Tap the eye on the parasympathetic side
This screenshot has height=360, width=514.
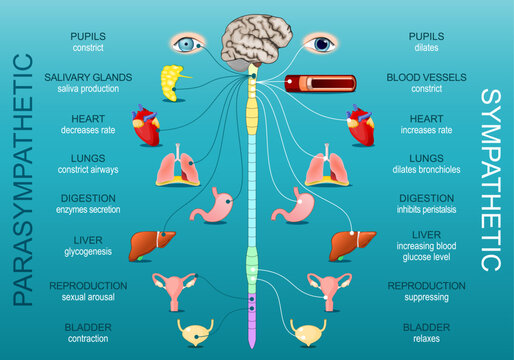pos(187,43)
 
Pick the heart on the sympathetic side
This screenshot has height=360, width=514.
pos(360,126)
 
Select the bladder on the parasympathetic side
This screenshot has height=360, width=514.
pos(194,331)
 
